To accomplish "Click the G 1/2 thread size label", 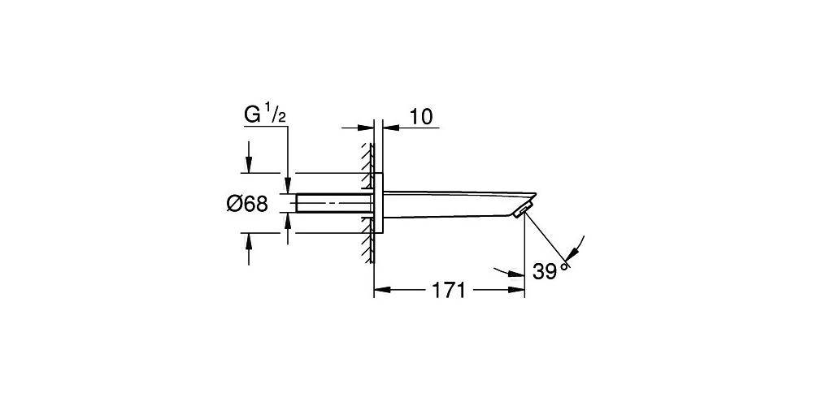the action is coord(265,116).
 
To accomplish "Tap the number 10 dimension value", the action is coord(421,117).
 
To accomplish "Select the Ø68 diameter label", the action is coord(247,204).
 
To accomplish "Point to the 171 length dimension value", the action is coord(449,291).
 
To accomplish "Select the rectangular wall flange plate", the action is coord(378,203).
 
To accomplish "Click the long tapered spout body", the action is coord(459,204).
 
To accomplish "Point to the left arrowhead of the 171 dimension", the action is coord(381,290).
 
